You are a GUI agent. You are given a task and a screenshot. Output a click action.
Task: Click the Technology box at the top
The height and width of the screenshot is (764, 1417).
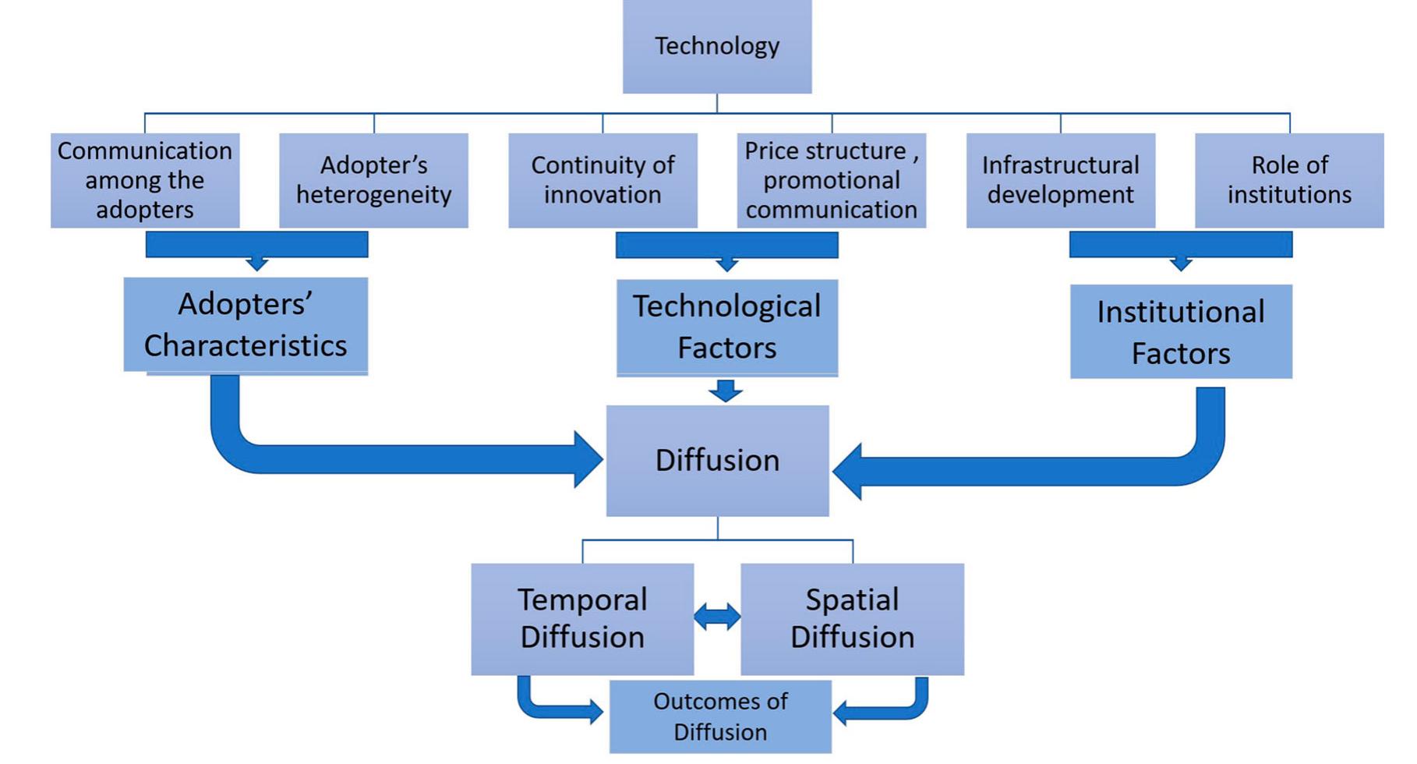[717, 47]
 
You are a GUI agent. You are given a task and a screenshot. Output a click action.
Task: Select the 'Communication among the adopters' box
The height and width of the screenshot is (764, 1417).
[145, 180]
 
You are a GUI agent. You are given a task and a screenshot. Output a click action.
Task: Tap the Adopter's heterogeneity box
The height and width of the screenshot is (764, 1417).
[374, 180]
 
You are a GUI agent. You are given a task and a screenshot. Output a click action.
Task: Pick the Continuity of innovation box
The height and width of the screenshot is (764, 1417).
[602, 180]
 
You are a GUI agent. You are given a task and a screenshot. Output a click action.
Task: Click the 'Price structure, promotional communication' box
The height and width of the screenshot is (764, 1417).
[832, 180]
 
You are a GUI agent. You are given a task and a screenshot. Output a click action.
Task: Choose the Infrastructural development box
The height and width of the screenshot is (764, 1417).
[1061, 180]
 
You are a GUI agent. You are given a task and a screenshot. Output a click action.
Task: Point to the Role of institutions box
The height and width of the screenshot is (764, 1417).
[1289, 180]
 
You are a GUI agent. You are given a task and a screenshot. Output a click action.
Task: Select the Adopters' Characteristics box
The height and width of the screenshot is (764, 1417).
[246, 325]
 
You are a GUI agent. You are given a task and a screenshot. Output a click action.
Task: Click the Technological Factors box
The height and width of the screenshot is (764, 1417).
[727, 327]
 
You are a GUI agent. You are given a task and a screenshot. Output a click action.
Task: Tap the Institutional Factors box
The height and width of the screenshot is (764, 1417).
[1181, 332]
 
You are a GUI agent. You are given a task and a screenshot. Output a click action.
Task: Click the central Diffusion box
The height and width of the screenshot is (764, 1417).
[717, 461]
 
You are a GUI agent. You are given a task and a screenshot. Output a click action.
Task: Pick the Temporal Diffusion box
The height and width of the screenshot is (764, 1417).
[582, 619]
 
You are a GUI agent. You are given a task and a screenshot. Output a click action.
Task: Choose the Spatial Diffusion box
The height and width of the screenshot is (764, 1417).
[852, 619]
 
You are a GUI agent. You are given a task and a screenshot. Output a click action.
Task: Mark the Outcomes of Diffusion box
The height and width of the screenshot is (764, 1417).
[720, 717]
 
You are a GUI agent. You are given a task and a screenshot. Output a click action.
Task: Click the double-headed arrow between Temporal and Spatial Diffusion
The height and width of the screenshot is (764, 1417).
[717, 617]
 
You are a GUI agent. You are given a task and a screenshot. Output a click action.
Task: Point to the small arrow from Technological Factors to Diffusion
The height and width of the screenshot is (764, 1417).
[726, 390]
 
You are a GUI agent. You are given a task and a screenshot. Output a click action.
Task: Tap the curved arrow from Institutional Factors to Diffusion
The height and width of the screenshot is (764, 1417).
[1052, 471]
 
